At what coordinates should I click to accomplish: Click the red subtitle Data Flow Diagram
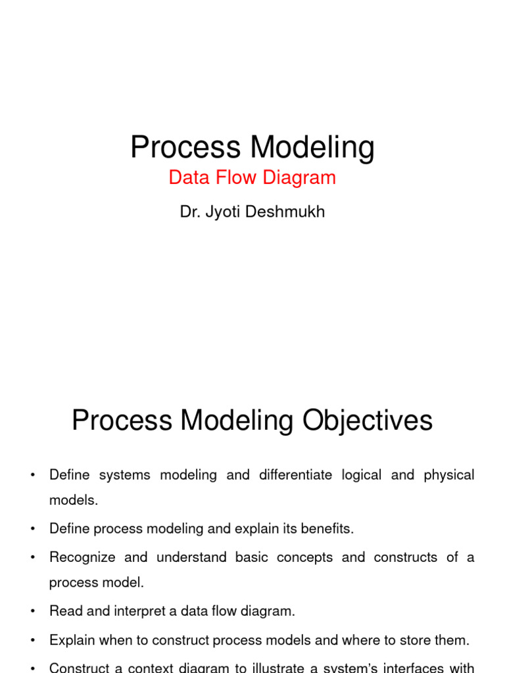252,177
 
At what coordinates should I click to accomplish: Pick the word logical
361,475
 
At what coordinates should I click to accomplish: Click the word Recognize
82,557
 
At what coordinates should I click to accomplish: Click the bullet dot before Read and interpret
32,611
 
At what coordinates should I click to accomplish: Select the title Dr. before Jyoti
189,212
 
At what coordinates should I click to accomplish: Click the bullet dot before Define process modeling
32,528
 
